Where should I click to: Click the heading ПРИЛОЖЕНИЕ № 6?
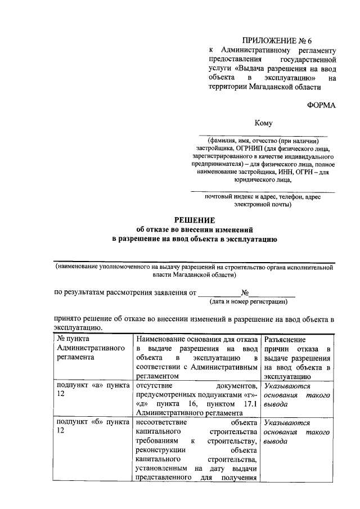276,40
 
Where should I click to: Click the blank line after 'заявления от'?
219,292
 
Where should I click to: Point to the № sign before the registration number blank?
245,292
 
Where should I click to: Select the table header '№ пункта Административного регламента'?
90,348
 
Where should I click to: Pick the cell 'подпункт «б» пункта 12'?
90,426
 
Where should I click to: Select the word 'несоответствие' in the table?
160,422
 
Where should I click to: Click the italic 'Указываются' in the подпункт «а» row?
286,385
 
